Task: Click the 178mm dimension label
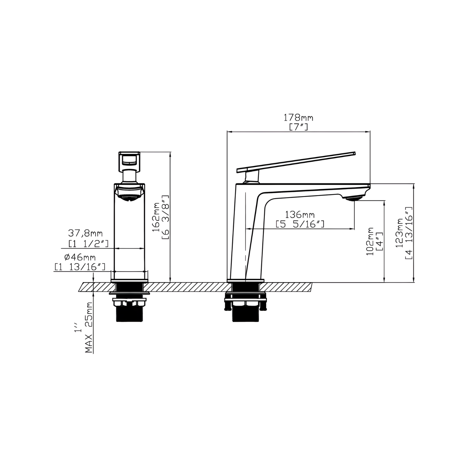(298, 118)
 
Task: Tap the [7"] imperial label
(298, 127)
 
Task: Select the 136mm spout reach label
(300, 214)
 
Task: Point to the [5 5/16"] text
(300, 224)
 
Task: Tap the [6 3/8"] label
(165, 217)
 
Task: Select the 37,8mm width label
(85, 233)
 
